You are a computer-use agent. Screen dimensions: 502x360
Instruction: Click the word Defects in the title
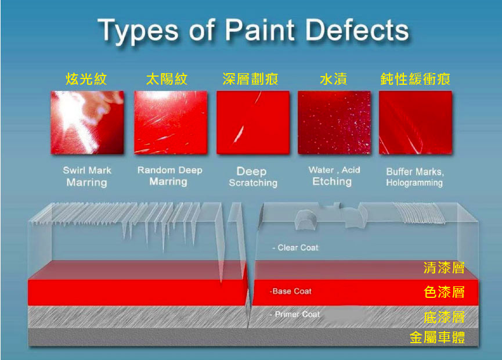[x=357, y=30]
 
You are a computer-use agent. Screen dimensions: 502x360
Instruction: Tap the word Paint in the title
[x=260, y=30]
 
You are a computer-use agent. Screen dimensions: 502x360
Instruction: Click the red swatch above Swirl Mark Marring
[x=88, y=123]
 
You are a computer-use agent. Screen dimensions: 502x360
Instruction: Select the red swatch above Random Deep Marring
[x=171, y=123]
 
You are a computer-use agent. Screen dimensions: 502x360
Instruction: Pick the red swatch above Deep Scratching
[x=253, y=123]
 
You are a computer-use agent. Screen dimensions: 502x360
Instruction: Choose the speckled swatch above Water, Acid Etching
[x=334, y=123]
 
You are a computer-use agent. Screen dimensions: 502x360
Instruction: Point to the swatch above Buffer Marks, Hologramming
[x=416, y=123]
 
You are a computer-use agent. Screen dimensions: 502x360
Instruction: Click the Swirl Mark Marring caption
[x=87, y=176]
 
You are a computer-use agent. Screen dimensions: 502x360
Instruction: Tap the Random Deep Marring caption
[x=169, y=175]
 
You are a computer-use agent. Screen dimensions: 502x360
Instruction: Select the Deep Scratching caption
[x=253, y=177]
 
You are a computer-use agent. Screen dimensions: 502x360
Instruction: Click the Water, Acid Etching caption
[x=334, y=176]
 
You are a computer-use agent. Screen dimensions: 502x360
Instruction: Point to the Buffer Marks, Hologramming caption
[x=415, y=177]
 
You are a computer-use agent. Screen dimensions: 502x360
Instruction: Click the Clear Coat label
[x=295, y=247]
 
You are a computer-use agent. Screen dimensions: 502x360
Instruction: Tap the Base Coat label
[x=290, y=291]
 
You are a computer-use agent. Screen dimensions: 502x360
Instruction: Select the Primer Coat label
[x=295, y=315]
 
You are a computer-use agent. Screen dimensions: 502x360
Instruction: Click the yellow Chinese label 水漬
[x=334, y=79]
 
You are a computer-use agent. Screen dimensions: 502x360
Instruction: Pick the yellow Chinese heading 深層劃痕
[x=250, y=79]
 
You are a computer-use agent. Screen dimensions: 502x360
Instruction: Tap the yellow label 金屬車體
[x=438, y=337]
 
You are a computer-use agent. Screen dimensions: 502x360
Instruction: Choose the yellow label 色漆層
[x=444, y=292]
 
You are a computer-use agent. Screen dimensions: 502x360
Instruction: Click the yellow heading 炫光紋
[x=86, y=79]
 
